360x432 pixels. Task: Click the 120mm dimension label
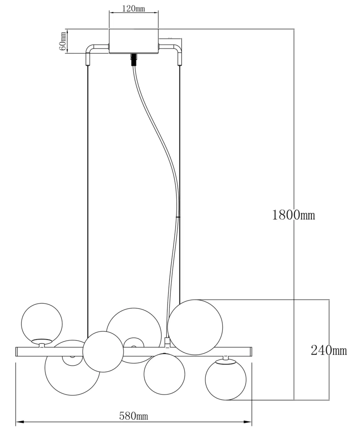133,8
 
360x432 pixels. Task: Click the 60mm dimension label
62,41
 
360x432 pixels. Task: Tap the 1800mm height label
293,215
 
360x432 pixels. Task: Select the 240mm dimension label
329,350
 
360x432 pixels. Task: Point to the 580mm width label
133,416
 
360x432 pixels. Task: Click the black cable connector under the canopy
134,59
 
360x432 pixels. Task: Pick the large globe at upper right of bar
195,327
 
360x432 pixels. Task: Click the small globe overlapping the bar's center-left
103,352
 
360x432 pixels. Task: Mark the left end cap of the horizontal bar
17,352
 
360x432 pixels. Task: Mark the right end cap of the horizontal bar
250,352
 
